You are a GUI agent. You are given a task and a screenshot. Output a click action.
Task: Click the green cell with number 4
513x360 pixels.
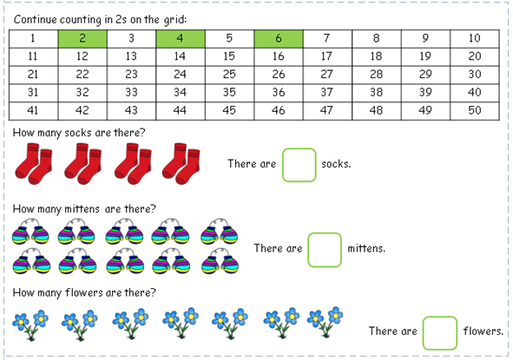click(181, 39)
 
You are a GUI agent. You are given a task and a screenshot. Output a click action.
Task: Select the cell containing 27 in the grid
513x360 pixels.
click(327, 75)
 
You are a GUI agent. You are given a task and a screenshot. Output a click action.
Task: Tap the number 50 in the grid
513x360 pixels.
click(475, 111)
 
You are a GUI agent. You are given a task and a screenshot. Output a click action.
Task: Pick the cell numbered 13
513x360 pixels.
click(132, 57)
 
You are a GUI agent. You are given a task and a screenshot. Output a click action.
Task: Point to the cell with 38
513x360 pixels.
click(377, 93)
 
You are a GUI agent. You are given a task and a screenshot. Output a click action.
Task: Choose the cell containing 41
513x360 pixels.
click(33, 111)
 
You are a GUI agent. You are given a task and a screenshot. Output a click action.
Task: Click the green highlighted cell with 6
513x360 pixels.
click(279, 39)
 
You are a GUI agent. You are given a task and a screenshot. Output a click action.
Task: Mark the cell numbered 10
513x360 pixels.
click(475, 39)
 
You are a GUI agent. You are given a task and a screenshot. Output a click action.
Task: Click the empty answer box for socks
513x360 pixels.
click(299, 165)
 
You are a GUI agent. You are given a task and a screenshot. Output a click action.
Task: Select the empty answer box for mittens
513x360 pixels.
click(325, 250)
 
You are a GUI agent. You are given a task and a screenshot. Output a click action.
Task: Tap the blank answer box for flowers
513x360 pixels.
click(440, 333)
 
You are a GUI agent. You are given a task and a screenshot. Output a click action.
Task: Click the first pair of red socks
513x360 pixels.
click(33, 164)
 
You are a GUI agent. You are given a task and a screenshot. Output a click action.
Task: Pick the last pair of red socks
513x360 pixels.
click(181, 164)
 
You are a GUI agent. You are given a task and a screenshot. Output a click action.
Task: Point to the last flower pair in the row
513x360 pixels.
click(325, 323)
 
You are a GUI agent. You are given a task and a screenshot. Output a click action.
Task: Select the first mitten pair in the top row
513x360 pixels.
click(30, 232)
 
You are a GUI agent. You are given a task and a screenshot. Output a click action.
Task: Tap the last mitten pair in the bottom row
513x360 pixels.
click(220, 261)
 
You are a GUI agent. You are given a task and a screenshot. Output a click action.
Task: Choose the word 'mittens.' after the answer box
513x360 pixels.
click(366, 248)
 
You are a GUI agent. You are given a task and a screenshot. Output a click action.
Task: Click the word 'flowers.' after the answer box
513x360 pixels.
click(483, 331)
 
